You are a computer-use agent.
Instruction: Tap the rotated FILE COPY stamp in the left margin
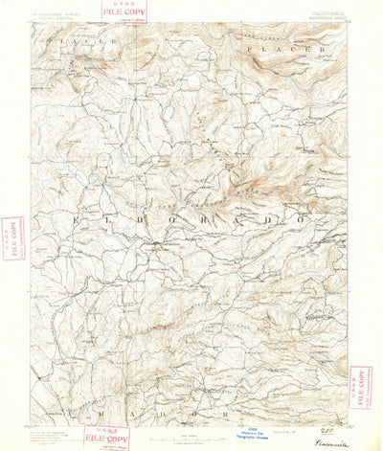(13, 237)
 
